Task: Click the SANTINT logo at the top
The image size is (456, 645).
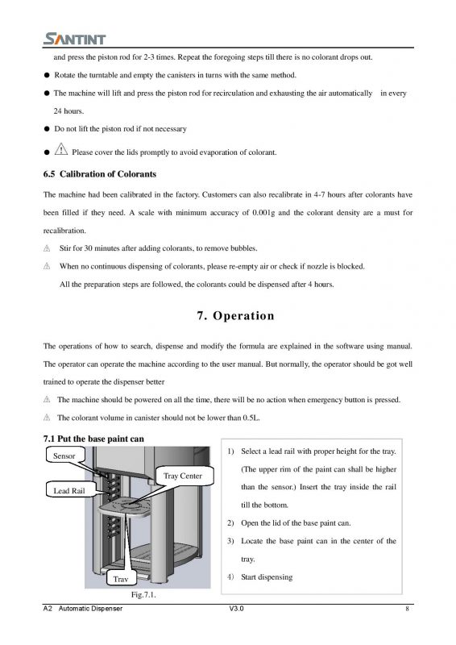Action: [x=74, y=39]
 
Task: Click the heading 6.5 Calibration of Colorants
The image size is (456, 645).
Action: [x=100, y=174]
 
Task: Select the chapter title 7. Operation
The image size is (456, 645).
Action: [x=235, y=315]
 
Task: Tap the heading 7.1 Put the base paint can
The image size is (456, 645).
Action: [x=93, y=439]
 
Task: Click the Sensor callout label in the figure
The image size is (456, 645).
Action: [x=64, y=456]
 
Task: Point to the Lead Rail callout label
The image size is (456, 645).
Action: [x=69, y=490]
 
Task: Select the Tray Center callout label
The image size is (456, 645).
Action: [x=183, y=476]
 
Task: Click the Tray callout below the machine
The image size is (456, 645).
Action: [x=121, y=579]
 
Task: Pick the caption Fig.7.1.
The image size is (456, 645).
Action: [x=143, y=595]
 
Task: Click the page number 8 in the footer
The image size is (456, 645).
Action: [x=407, y=609]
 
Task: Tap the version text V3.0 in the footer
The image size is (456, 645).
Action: [x=236, y=609]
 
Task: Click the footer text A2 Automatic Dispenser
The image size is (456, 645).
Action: [x=83, y=609]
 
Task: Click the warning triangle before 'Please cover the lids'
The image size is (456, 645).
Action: [x=61, y=149]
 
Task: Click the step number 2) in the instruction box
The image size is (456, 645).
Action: [x=230, y=523]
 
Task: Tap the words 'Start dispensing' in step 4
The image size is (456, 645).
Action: [x=267, y=577]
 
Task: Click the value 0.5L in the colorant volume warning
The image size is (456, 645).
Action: [x=251, y=418]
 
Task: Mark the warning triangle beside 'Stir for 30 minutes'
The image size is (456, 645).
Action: [x=47, y=248]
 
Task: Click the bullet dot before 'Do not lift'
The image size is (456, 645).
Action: [x=47, y=129]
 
